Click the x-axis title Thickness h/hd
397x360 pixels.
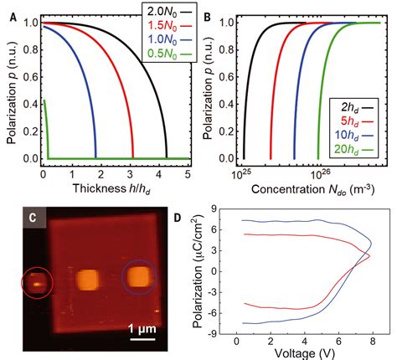click(x=114, y=187)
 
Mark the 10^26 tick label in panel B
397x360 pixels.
click(x=319, y=172)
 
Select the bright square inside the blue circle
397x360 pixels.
click(x=139, y=277)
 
